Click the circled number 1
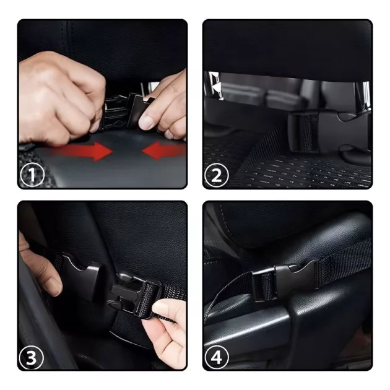tap(32, 175)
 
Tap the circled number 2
tap(217, 175)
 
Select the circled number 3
tap(32, 358)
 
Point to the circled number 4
tap(217, 358)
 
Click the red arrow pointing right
tap(82, 151)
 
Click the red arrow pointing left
tap(163, 150)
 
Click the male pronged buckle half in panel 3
tap(134, 295)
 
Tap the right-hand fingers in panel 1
tap(164, 110)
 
